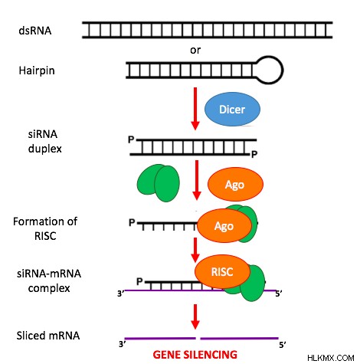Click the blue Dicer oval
click(232, 109)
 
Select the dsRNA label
click(35, 31)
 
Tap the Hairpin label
click(37, 71)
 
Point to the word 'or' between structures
click(195, 50)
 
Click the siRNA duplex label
click(45, 141)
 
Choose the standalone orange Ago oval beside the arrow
click(235, 184)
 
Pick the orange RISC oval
click(222, 272)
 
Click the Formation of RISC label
click(45, 228)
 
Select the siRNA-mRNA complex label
click(49, 280)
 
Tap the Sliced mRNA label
click(48, 336)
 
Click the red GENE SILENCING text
click(195, 355)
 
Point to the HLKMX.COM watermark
click(331, 358)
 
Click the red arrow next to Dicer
click(195, 109)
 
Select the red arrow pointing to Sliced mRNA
click(195, 316)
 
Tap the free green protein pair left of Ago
click(159, 183)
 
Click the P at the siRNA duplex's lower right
click(254, 154)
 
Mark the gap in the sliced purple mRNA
click(198, 339)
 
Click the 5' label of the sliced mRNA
click(282, 346)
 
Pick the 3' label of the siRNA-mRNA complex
click(121, 293)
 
